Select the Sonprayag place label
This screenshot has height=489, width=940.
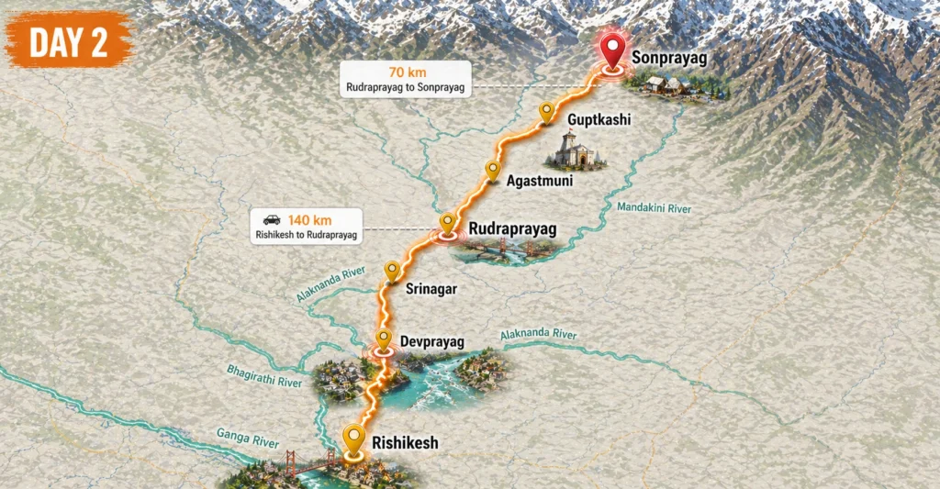(669, 58)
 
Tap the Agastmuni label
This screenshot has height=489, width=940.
(539, 182)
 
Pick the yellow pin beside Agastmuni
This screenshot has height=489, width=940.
(492, 170)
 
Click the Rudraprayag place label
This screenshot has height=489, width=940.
(512, 228)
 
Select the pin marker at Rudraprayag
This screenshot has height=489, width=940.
(447, 223)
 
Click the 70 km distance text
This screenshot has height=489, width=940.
(405, 71)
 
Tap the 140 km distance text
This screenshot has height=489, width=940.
(309, 219)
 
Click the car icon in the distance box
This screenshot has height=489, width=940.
(271, 219)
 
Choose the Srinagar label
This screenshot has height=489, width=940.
(431, 289)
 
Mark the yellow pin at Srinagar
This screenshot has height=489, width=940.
(392, 271)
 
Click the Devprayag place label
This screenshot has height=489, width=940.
(431, 342)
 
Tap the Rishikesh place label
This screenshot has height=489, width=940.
(405, 443)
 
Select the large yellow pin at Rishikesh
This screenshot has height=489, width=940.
(353, 439)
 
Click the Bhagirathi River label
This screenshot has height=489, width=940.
(263, 374)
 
